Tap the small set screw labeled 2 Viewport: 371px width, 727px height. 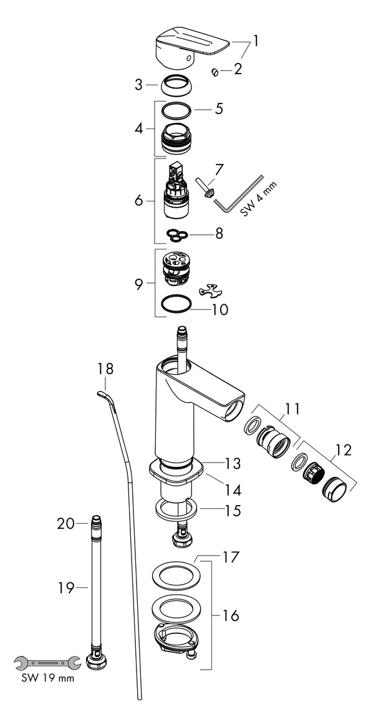tap(215, 72)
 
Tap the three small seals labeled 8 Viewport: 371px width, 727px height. tap(177, 235)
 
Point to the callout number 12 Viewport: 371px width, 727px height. tap(344, 450)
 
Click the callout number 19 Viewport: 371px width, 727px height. tap(66, 587)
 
